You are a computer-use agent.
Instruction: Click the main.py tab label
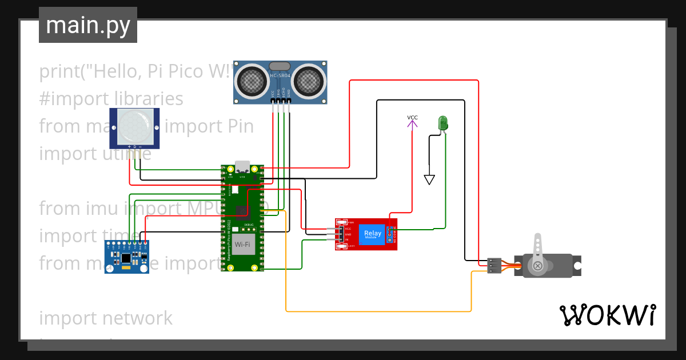87,25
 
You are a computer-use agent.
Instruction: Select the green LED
442,122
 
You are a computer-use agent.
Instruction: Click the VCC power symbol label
412,118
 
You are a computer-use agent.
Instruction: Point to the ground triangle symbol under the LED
429,180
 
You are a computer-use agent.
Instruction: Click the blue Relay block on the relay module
372,234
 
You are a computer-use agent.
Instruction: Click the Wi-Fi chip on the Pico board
242,245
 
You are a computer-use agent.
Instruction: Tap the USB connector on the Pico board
242,167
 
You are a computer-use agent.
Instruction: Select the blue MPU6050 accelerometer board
126,257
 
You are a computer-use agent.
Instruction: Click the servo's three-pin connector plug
494,266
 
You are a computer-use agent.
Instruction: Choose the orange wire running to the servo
377,311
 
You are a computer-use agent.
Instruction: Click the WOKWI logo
607,315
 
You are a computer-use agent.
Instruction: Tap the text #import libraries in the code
111,99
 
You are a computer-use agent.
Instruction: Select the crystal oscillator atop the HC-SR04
280,67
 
